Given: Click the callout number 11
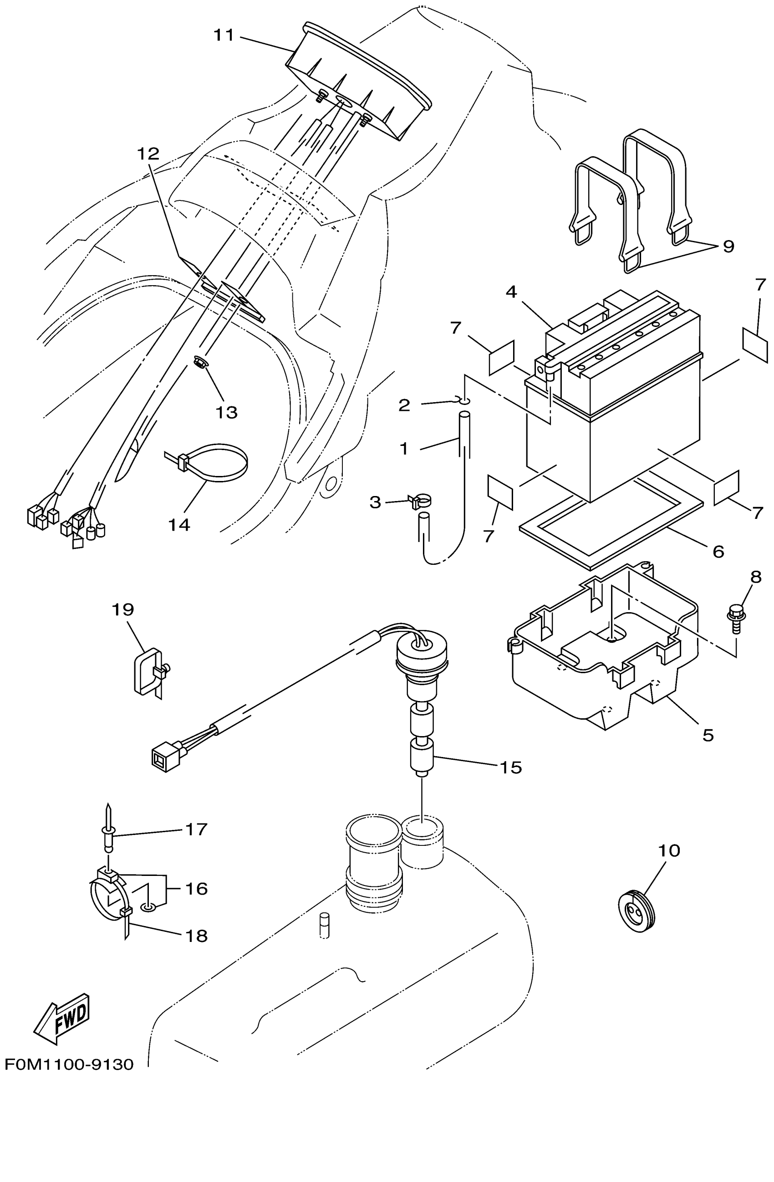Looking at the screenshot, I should point(224,36).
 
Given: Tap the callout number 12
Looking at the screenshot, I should point(148,154).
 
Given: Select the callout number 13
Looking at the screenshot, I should point(226,412).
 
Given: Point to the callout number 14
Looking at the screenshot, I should point(179,524).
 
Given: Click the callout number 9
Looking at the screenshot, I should point(728,246).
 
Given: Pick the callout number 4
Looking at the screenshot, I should point(511,292).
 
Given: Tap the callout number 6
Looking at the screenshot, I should point(718,551).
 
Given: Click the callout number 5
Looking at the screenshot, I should point(708,735).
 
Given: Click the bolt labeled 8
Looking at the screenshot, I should point(735,618).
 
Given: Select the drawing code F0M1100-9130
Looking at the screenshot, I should point(70,1064).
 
